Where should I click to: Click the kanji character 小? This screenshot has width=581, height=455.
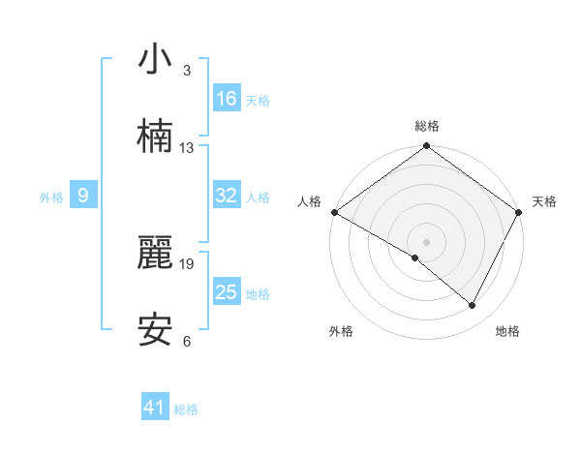click(155, 60)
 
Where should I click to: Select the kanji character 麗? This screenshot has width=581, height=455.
click(155, 253)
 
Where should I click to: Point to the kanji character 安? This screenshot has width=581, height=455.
click(155, 330)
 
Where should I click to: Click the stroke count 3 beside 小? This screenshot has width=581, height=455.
click(187, 71)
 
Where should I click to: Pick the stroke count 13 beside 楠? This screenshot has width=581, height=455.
click(187, 147)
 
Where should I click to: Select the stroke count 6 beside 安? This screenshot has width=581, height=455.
click(187, 341)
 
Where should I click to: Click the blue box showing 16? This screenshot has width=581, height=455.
click(227, 99)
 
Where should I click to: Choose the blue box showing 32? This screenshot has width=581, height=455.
click(227, 196)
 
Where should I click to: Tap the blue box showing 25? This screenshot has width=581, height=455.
click(227, 292)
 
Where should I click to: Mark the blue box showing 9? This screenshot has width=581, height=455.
click(83, 196)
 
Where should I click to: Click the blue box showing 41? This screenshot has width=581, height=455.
click(155, 409)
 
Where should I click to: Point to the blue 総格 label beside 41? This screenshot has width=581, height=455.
click(186, 410)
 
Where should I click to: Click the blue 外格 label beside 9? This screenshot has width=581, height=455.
click(51, 197)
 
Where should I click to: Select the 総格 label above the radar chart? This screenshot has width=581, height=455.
click(427, 126)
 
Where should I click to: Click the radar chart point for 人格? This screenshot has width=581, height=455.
click(334, 212)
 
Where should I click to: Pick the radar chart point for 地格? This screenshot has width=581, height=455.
click(473, 306)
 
